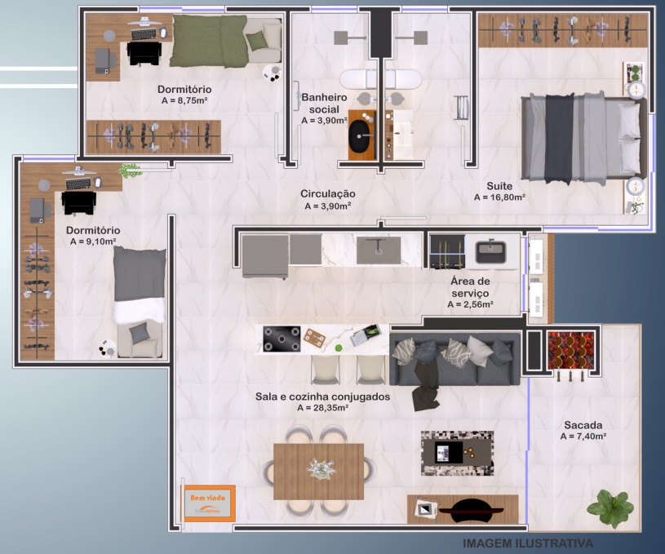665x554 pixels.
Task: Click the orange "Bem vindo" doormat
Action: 208,503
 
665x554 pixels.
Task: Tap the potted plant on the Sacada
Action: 610,507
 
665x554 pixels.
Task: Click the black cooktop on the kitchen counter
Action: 282,339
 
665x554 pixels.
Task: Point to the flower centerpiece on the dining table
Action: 320,468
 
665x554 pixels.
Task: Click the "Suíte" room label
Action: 499,186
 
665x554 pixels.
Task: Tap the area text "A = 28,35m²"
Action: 323,408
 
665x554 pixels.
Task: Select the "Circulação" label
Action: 328,193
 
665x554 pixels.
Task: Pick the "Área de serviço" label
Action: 470,287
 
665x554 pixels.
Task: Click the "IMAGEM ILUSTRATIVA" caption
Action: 528,543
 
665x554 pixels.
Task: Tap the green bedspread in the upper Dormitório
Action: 209,41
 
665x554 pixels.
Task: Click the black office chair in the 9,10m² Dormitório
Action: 78,203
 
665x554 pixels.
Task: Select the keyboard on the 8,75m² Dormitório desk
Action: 144,34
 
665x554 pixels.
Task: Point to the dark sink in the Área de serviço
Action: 490,252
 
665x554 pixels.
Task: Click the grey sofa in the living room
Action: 454,358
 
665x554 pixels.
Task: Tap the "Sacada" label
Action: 583,425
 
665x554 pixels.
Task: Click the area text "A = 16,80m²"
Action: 499,197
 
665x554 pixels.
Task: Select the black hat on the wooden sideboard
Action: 471,510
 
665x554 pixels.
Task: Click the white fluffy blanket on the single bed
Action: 139,311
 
